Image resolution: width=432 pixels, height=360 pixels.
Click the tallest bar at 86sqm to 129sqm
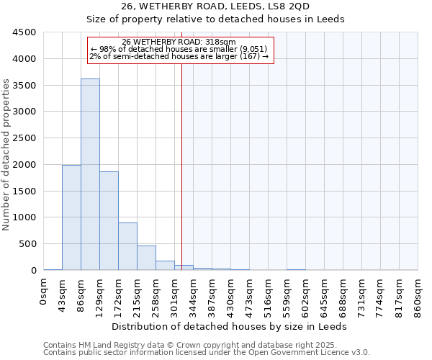pyautogui.click(x=90, y=174)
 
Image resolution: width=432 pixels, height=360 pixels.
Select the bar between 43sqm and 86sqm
pyautogui.click(x=71, y=217)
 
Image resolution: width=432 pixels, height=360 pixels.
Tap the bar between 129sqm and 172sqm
pyautogui.click(x=109, y=220)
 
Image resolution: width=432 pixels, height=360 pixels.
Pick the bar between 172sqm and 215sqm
pyautogui.click(x=127, y=246)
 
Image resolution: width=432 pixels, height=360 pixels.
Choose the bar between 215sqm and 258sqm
pyautogui.click(x=146, y=258)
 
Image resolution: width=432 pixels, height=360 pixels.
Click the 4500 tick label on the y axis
pyautogui.click(x=24, y=32)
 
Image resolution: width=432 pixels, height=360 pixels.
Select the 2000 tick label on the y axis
pyautogui.click(x=24, y=165)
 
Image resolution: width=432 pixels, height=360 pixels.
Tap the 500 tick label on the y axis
pyautogui.click(x=27, y=244)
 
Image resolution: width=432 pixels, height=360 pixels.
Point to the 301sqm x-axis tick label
pyautogui.click(x=175, y=294)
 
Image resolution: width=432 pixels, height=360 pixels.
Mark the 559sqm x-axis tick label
pyautogui.click(x=287, y=294)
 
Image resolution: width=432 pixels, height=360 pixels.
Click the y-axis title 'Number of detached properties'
pyautogui.click(x=6, y=155)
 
